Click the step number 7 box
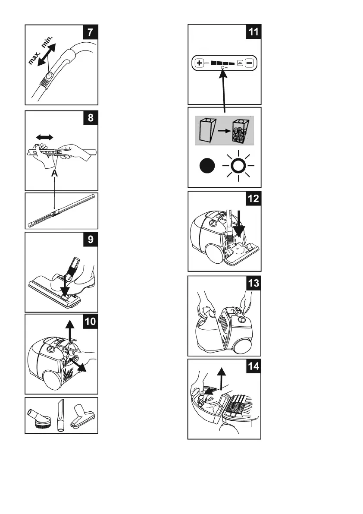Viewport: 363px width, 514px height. click(90, 33)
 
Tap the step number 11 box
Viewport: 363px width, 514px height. click(253, 33)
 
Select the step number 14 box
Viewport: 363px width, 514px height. click(253, 366)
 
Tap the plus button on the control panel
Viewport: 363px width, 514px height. click(200, 63)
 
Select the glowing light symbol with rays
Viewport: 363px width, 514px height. click(237, 166)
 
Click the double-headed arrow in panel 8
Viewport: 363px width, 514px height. click(44, 137)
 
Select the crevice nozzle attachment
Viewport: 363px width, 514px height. click(59, 416)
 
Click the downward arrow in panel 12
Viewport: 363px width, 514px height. click(238, 224)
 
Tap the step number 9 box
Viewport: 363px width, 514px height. click(90, 241)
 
